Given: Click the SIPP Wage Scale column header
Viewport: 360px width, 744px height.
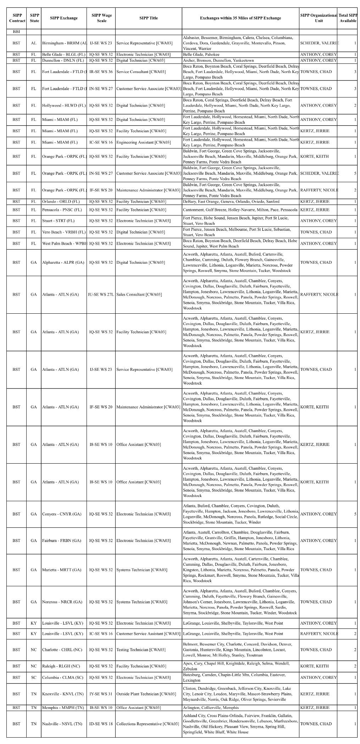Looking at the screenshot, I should pyautogui.click(x=101, y=18).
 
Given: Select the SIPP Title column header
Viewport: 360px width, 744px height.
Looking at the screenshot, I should pyautogui.click(x=149, y=18).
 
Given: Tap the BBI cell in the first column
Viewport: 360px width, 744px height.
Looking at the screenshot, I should pyautogui.click(x=16, y=32).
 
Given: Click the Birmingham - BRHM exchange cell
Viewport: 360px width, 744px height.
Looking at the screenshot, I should pyautogui.click(x=64, y=43).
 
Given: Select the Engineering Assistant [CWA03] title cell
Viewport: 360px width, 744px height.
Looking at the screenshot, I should pyautogui.click(x=144, y=142).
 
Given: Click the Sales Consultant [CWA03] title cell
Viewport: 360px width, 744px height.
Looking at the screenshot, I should pyautogui.click(x=139, y=295).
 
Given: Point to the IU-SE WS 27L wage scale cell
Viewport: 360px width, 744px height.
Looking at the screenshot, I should pyautogui.click(x=101, y=295).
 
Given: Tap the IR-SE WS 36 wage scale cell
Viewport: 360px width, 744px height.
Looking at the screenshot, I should pyautogui.click(x=101, y=72).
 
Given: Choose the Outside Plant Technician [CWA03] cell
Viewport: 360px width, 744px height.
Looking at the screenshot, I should pyautogui.click(x=146, y=694).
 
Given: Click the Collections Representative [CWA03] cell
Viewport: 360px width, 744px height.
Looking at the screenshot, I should pyautogui.click(x=148, y=724).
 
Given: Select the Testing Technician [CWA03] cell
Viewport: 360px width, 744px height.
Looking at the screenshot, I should pyautogui.click(x=141, y=650).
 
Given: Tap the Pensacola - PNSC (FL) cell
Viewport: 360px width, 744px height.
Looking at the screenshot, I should pyautogui.click(x=62, y=210).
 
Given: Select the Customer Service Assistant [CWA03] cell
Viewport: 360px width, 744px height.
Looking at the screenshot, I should pyautogui.click(x=148, y=634).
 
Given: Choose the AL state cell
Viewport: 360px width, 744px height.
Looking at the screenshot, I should pyautogui.click(x=34, y=43).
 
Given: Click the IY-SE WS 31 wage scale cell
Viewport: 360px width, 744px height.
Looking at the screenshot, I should pyautogui.click(x=101, y=694).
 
